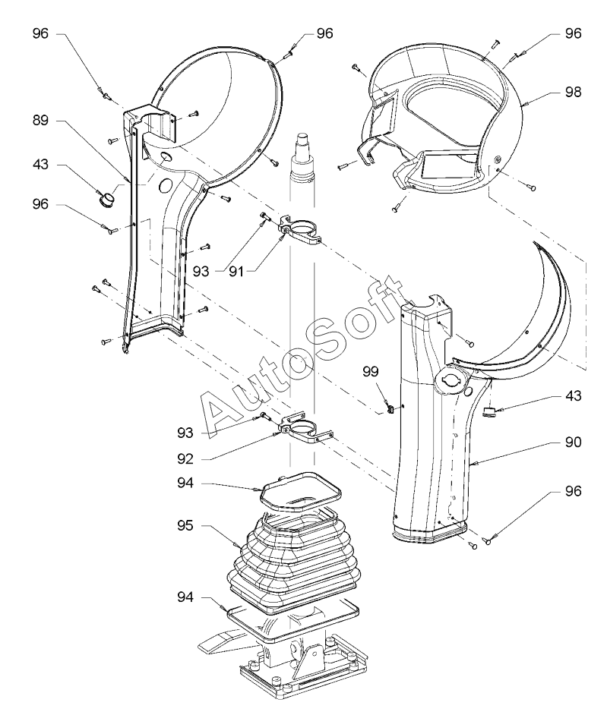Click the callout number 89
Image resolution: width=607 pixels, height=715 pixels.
40,121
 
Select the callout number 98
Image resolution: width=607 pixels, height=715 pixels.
574,92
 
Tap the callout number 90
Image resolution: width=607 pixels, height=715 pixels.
574,442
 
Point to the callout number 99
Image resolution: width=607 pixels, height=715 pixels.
371,372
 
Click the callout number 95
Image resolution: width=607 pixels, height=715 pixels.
185,526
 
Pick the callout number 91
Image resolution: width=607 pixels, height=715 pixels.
236,271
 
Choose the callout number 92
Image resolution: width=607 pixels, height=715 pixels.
185,458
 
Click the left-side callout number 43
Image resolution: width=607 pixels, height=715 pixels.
40,164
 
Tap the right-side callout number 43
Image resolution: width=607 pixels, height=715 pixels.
574,395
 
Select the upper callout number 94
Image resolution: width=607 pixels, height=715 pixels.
185,483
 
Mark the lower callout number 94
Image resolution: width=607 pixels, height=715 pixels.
185,597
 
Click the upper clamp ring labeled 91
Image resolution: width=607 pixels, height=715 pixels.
300,229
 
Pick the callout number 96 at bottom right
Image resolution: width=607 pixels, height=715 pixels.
574,491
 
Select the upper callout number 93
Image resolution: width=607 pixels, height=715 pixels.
201,271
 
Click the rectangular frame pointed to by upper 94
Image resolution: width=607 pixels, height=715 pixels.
301,492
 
